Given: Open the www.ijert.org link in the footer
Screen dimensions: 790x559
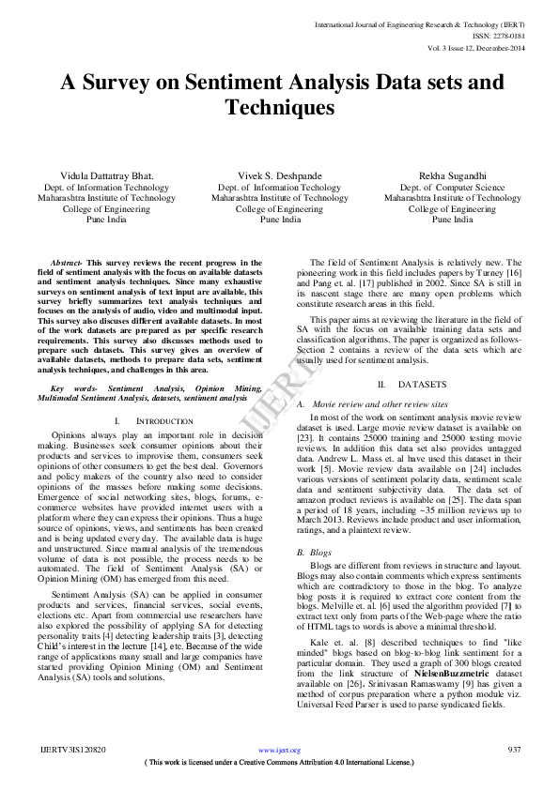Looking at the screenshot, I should click(x=280, y=750).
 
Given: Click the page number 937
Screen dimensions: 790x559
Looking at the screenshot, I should click(x=514, y=750).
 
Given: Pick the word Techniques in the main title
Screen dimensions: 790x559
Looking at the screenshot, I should click(x=280, y=108).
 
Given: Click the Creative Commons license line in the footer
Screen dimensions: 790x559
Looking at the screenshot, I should click(x=280, y=763).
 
